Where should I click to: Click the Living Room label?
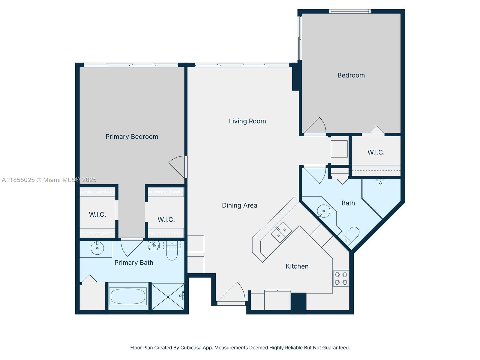(247, 121)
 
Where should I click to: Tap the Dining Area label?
(239, 205)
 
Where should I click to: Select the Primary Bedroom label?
(132, 137)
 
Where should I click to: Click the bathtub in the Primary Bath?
(128, 296)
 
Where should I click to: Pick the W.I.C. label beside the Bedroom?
(376, 152)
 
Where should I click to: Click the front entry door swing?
(232, 292)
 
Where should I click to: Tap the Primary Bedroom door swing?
(178, 166)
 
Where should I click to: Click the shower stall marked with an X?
(168, 296)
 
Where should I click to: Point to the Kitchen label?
(297, 266)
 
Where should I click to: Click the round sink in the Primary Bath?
(97, 248)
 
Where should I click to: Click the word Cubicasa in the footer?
(192, 348)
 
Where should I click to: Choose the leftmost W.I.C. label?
(97, 214)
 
